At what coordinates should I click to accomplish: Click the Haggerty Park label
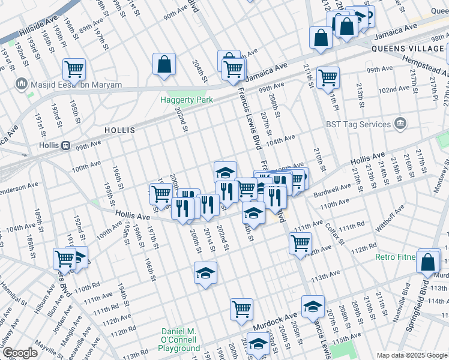pos(186,100)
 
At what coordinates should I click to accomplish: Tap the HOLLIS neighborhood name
pos(119,130)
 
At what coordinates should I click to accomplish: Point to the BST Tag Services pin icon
pos(400,124)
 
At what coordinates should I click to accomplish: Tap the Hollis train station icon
pos(67,146)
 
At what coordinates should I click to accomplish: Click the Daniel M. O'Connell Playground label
pos(180,340)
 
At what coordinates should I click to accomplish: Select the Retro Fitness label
pos(395,257)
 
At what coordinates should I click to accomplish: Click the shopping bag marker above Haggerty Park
pos(164,64)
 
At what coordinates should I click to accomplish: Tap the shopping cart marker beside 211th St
pos(328,77)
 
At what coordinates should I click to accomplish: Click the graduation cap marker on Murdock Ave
pos(313,306)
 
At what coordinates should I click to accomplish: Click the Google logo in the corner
pos(20,353)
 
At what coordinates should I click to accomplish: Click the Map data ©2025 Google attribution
pos(411,355)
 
